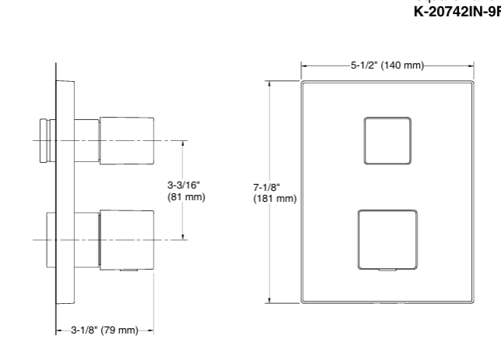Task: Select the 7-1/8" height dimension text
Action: point(267,187)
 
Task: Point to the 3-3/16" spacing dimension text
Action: point(184,185)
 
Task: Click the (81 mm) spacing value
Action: point(186,197)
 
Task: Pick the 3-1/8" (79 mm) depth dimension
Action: point(104,330)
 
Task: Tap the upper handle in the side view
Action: point(126,140)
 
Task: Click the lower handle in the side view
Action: point(126,238)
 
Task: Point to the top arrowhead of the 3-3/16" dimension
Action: point(184,143)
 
